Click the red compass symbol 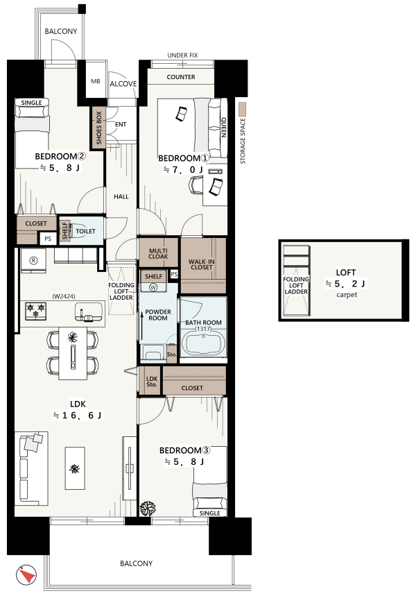click(x=26, y=574)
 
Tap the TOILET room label click(x=85, y=231)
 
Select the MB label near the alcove click(x=95, y=81)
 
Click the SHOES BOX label click(x=98, y=128)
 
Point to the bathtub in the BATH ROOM click(x=203, y=343)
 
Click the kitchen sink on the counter click(x=89, y=311)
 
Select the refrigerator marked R click(x=33, y=260)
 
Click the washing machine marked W click(x=153, y=288)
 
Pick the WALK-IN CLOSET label click(x=201, y=264)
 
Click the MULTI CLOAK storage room click(x=158, y=253)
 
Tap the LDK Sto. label click(x=152, y=382)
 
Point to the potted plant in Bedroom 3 click(x=148, y=508)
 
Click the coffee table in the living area click(x=75, y=468)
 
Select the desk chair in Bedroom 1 click(x=196, y=185)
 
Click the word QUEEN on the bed click(x=224, y=128)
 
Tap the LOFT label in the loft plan click(x=346, y=273)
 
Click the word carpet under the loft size click(x=347, y=295)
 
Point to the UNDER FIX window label click(x=182, y=55)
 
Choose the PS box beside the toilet click(x=48, y=239)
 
